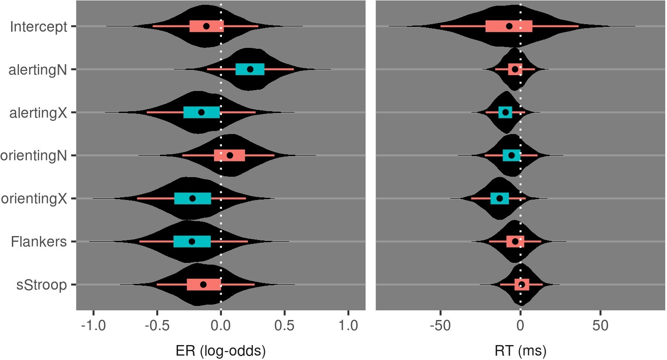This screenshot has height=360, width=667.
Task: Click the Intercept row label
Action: click(39, 27)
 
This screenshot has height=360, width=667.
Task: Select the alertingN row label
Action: click(38, 70)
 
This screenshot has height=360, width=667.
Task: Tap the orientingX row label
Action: click(34, 199)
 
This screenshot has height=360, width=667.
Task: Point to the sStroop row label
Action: click(41, 285)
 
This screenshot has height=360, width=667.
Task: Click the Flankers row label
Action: click(39, 242)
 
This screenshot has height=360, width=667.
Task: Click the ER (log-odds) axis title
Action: click(221, 351)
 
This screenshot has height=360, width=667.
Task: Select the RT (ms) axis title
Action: click(520, 351)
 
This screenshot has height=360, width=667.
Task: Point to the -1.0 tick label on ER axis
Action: click(93, 326)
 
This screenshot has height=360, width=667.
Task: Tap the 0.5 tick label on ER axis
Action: click(284, 326)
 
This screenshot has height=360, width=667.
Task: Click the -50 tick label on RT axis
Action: click(440, 326)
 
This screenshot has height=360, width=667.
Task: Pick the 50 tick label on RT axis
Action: click(600, 326)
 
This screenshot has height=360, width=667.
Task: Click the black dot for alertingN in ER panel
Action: click(250, 69)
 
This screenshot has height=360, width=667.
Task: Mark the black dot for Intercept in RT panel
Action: click(509, 26)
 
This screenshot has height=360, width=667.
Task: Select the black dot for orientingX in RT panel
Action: click(500, 198)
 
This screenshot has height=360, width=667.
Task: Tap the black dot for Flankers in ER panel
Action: click(192, 241)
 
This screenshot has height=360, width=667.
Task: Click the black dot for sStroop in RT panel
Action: click(522, 284)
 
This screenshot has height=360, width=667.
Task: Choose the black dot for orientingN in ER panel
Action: click(229, 155)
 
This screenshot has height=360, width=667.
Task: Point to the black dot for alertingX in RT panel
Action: click(505, 112)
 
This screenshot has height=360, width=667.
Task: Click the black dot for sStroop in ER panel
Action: click(203, 284)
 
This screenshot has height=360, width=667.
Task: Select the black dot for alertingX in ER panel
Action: click(201, 112)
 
